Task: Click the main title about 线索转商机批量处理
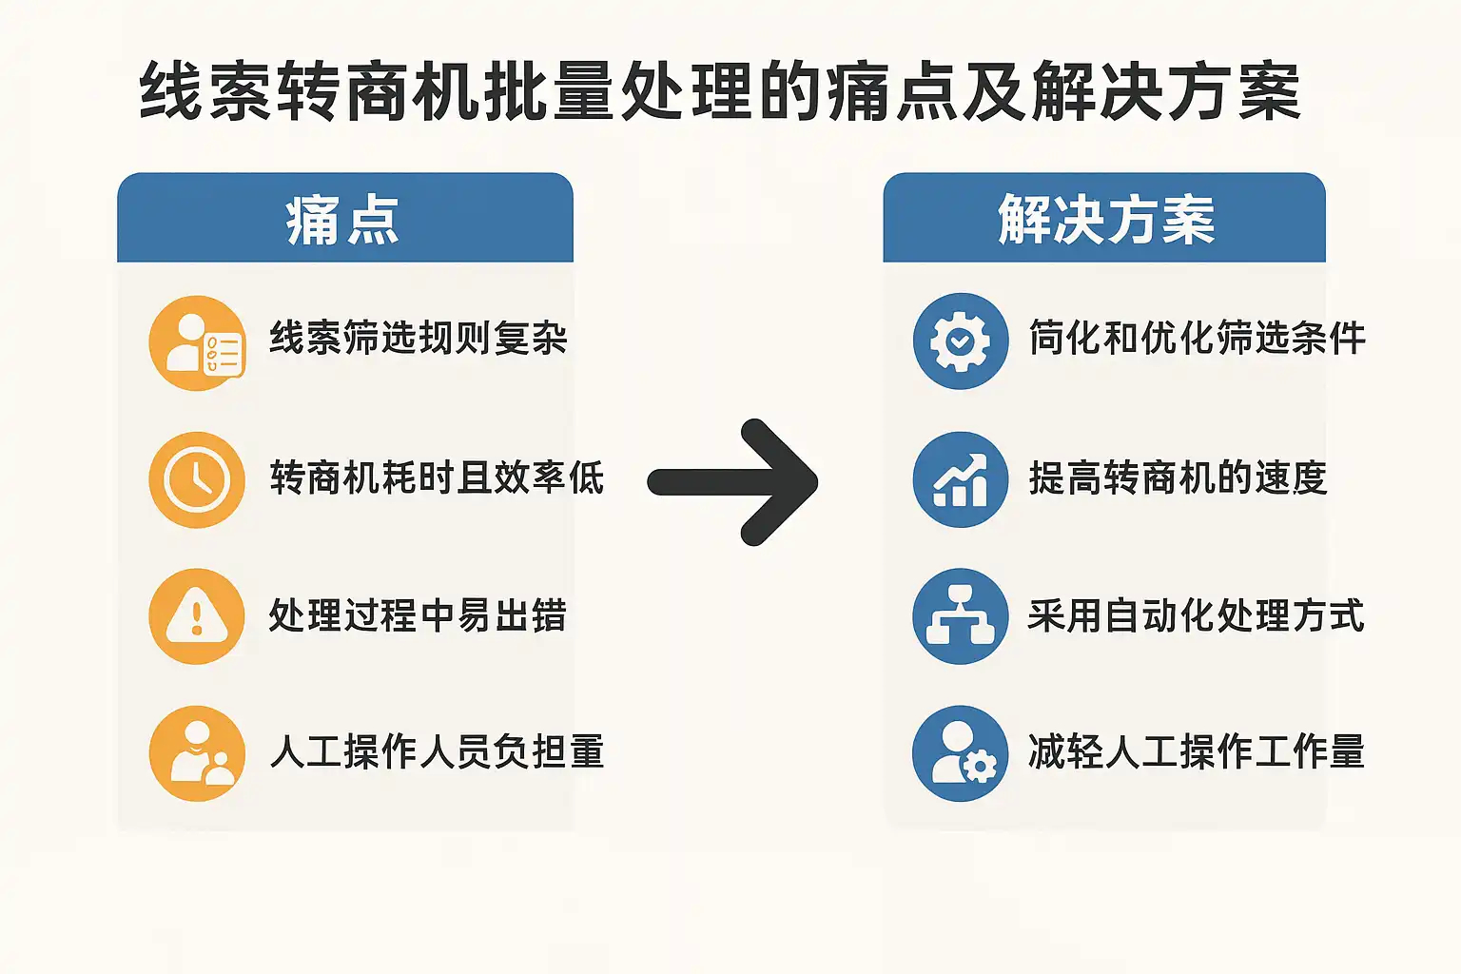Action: coord(720,92)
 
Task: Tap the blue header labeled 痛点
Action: coord(344,219)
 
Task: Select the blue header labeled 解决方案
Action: coord(1104,219)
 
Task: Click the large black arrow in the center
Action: coord(733,482)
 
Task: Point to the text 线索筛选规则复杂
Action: coord(419,339)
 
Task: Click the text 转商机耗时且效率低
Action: coord(437,477)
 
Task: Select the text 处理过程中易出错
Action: coord(418,615)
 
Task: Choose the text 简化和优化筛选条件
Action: coord(1197,339)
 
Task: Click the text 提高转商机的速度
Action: coord(1178,477)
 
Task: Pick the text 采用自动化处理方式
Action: coord(1196,615)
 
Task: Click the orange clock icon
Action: coord(197,479)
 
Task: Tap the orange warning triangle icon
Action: coord(197,616)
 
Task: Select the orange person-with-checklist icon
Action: coord(197,342)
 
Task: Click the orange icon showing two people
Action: coord(197,753)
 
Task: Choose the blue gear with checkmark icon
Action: coord(960,341)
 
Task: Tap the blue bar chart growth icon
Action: coord(960,479)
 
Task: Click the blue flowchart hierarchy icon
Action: coord(960,616)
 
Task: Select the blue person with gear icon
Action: coord(960,753)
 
